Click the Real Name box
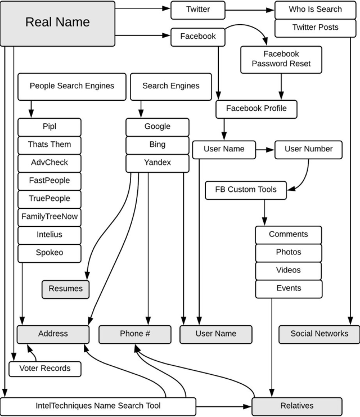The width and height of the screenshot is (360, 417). (57, 24)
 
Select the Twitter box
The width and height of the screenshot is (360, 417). (198, 10)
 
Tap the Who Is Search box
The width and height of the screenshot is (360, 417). (315, 10)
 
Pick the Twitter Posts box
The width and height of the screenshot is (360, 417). (315, 28)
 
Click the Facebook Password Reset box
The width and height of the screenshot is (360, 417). (281, 60)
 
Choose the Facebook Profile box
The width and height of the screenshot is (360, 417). (256, 109)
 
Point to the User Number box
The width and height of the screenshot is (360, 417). (308, 150)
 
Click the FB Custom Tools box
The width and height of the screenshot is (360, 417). (246, 190)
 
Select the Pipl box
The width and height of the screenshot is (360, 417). (49, 127)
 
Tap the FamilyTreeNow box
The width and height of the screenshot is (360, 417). (49, 217)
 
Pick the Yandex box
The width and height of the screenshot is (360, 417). (157, 163)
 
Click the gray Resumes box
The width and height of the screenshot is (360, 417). (65, 289)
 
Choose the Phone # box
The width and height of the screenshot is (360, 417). (135, 335)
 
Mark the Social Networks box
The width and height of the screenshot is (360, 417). (319, 335)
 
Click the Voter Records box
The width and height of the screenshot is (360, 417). (45, 369)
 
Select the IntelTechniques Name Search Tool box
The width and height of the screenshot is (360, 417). (98, 407)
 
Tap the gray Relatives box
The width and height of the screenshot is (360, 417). (297, 407)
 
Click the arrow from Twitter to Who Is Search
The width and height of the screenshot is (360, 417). (250, 10)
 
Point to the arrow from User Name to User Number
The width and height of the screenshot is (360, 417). (265, 150)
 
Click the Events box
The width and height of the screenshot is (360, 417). (289, 289)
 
